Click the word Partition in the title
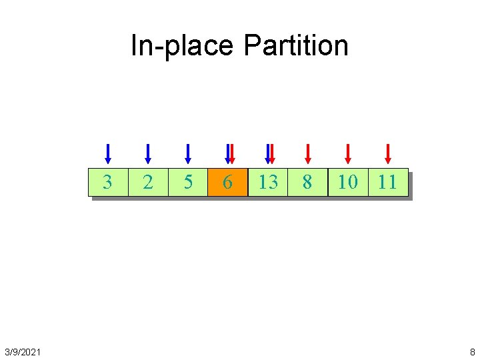click(x=295, y=45)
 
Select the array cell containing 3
click(x=108, y=182)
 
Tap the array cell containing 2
click(x=148, y=182)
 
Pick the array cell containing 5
click(x=188, y=182)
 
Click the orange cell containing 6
click(x=227, y=182)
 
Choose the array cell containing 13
click(x=267, y=182)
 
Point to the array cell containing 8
click(x=307, y=182)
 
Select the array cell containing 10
click(x=347, y=182)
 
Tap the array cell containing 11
click(x=387, y=182)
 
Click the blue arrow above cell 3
click(x=108, y=153)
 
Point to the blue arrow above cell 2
click(x=148, y=153)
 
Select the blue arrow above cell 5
click(x=188, y=153)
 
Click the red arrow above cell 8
click(x=307, y=153)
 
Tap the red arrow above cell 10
click(x=347, y=153)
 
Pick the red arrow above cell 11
click(x=388, y=153)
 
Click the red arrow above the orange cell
click(x=231, y=153)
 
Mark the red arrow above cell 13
click(x=271, y=153)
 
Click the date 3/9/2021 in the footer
click(x=22, y=351)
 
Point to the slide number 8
click(x=472, y=351)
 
